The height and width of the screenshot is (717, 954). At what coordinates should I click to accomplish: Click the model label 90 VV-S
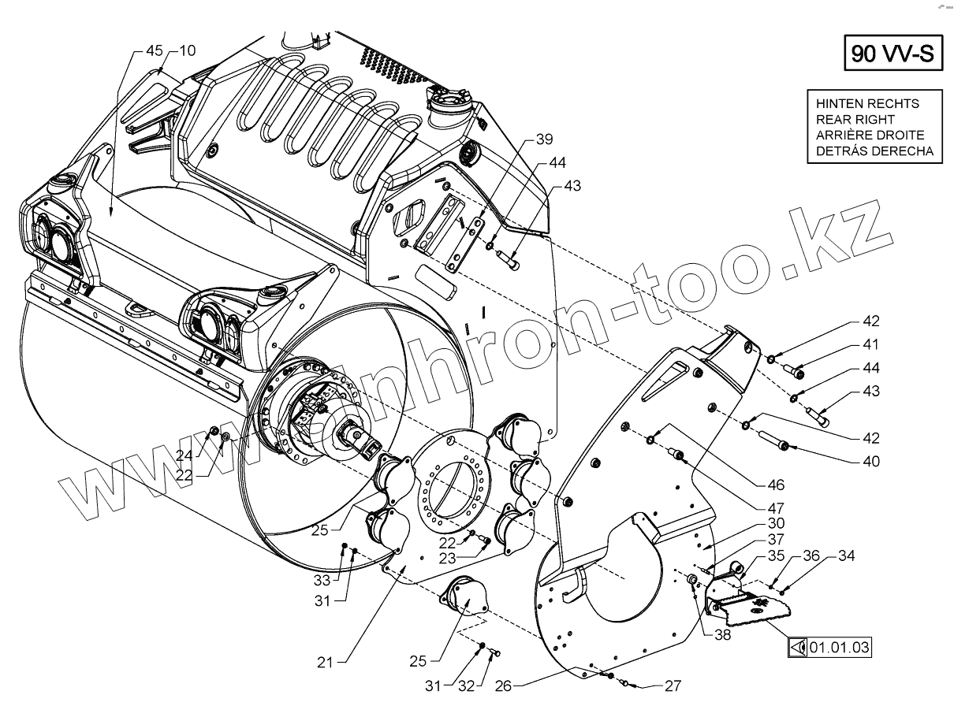893,54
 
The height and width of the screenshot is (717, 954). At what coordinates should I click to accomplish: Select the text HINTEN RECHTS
867,103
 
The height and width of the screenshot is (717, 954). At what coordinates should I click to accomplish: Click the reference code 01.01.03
840,648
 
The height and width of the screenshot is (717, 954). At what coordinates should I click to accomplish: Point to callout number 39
545,139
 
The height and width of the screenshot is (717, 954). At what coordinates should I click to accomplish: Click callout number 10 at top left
187,50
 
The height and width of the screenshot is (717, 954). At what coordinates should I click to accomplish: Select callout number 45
155,50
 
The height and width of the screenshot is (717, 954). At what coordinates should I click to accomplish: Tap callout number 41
871,344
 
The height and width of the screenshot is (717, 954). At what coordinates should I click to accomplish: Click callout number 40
871,461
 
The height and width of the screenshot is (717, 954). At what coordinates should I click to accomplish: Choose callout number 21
325,663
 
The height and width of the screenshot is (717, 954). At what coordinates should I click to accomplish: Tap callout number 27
672,686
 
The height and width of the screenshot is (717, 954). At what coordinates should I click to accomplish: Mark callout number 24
184,454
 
